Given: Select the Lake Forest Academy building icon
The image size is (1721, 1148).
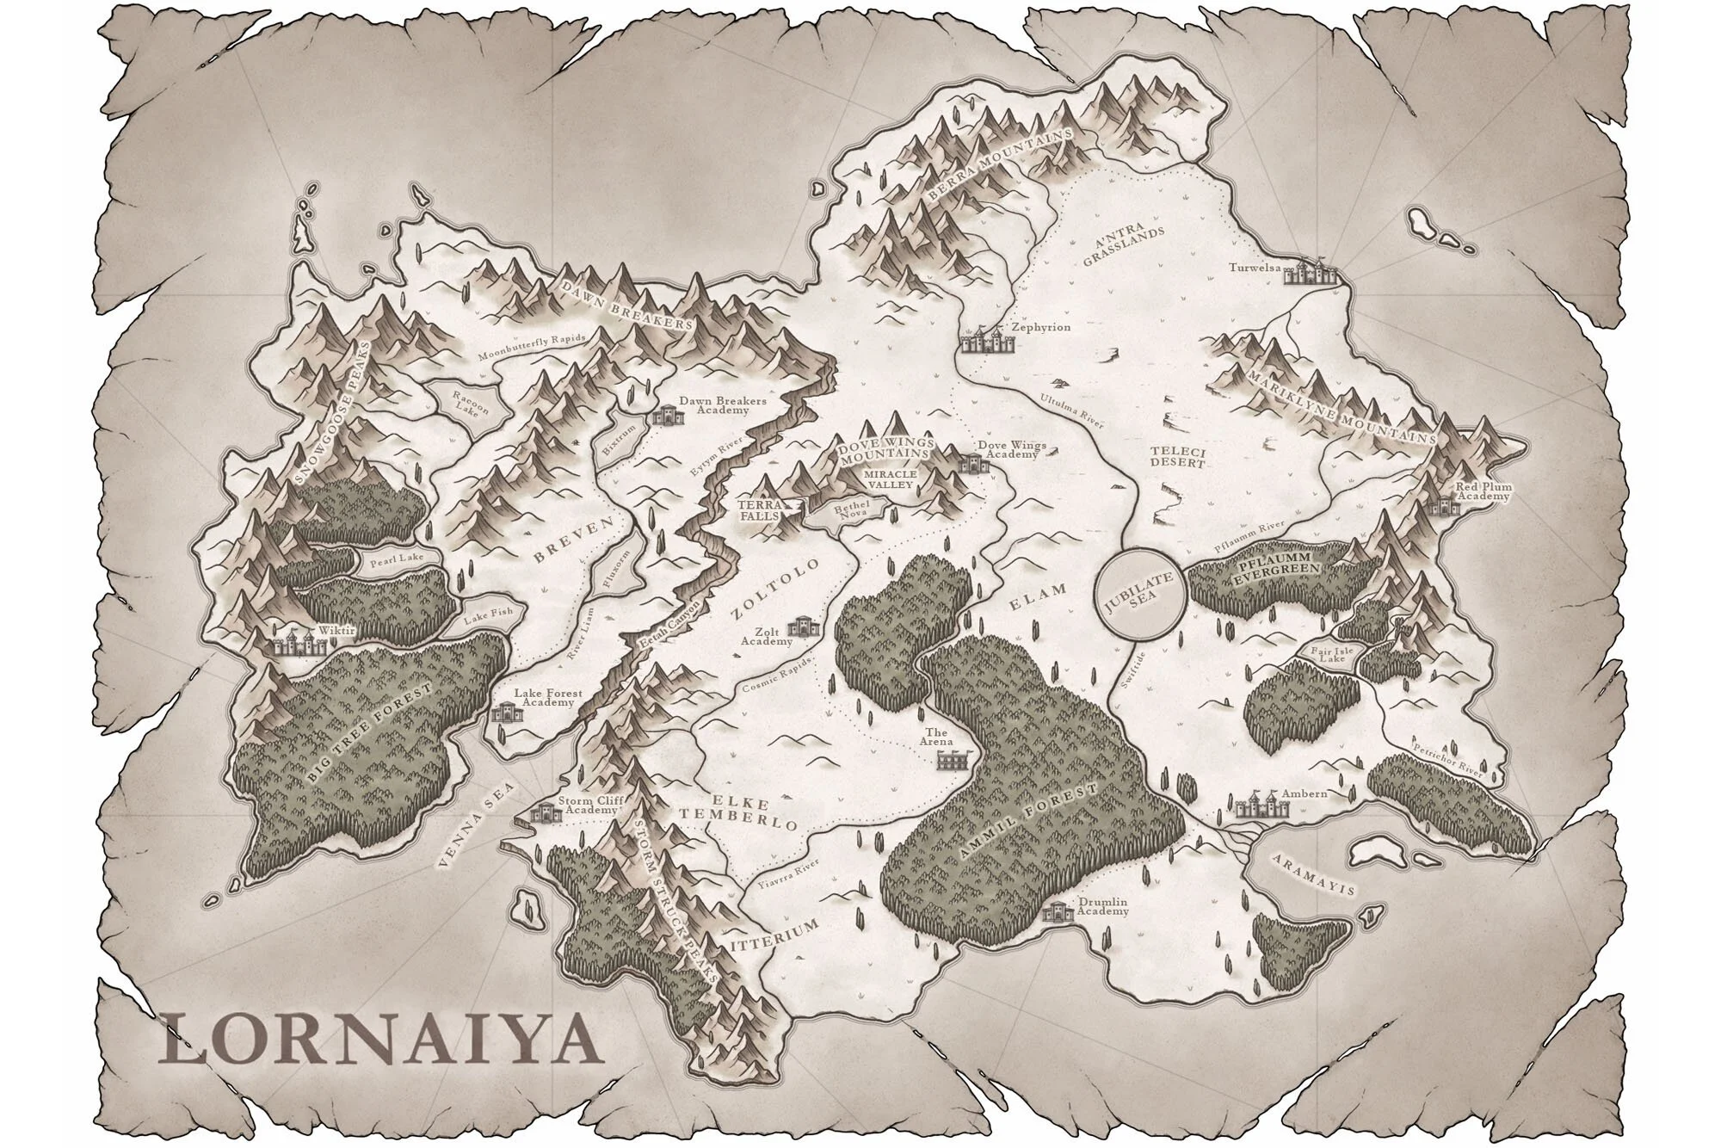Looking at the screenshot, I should [x=504, y=710].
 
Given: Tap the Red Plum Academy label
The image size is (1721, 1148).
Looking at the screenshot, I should [x=1483, y=492].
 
